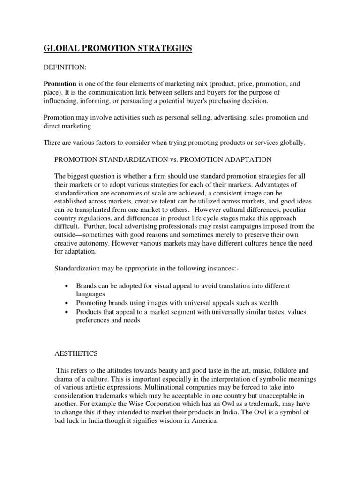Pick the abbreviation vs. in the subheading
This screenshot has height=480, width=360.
(169, 160)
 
